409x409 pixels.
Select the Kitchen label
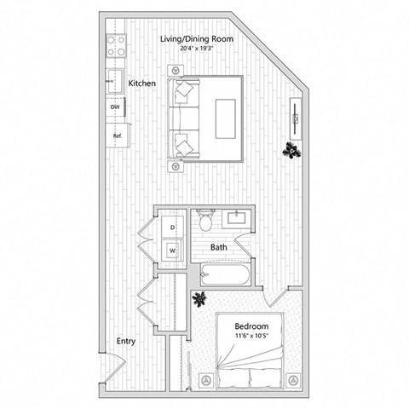point(141,84)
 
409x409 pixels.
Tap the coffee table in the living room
point(226,117)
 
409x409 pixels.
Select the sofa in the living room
point(183,118)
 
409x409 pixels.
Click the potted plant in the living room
point(292,151)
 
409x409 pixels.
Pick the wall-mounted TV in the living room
point(296,116)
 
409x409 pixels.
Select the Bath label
point(219,247)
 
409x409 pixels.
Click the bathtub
point(222,275)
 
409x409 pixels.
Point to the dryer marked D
point(172,228)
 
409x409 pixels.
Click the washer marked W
point(172,251)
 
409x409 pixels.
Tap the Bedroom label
point(252,326)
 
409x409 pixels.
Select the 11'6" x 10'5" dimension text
point(252,337)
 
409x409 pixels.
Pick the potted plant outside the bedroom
point(201,299)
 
